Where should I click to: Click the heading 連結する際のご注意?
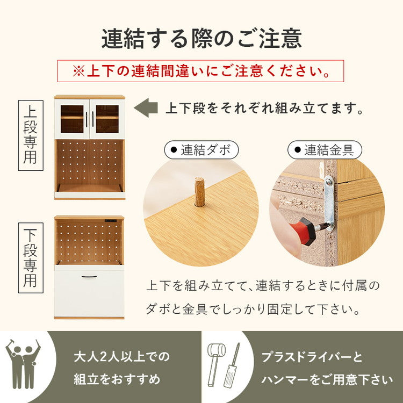pyautogui.click(x=201, y=39)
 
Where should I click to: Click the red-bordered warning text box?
pyautogui.click(x=200, y=71)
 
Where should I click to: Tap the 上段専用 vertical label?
pyautogui.click(x=31, y=135)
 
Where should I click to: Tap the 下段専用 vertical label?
pyautogui.click(x=31, y=258)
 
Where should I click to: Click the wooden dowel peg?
pyautogui.click(x=199, y=192)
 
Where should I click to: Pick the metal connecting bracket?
pyautogui.click(x=329, y=201)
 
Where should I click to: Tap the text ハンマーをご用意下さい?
pyautogui.click(x=327, y=380)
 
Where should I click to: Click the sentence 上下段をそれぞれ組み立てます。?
pyautogui.click(x=264, y=108)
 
